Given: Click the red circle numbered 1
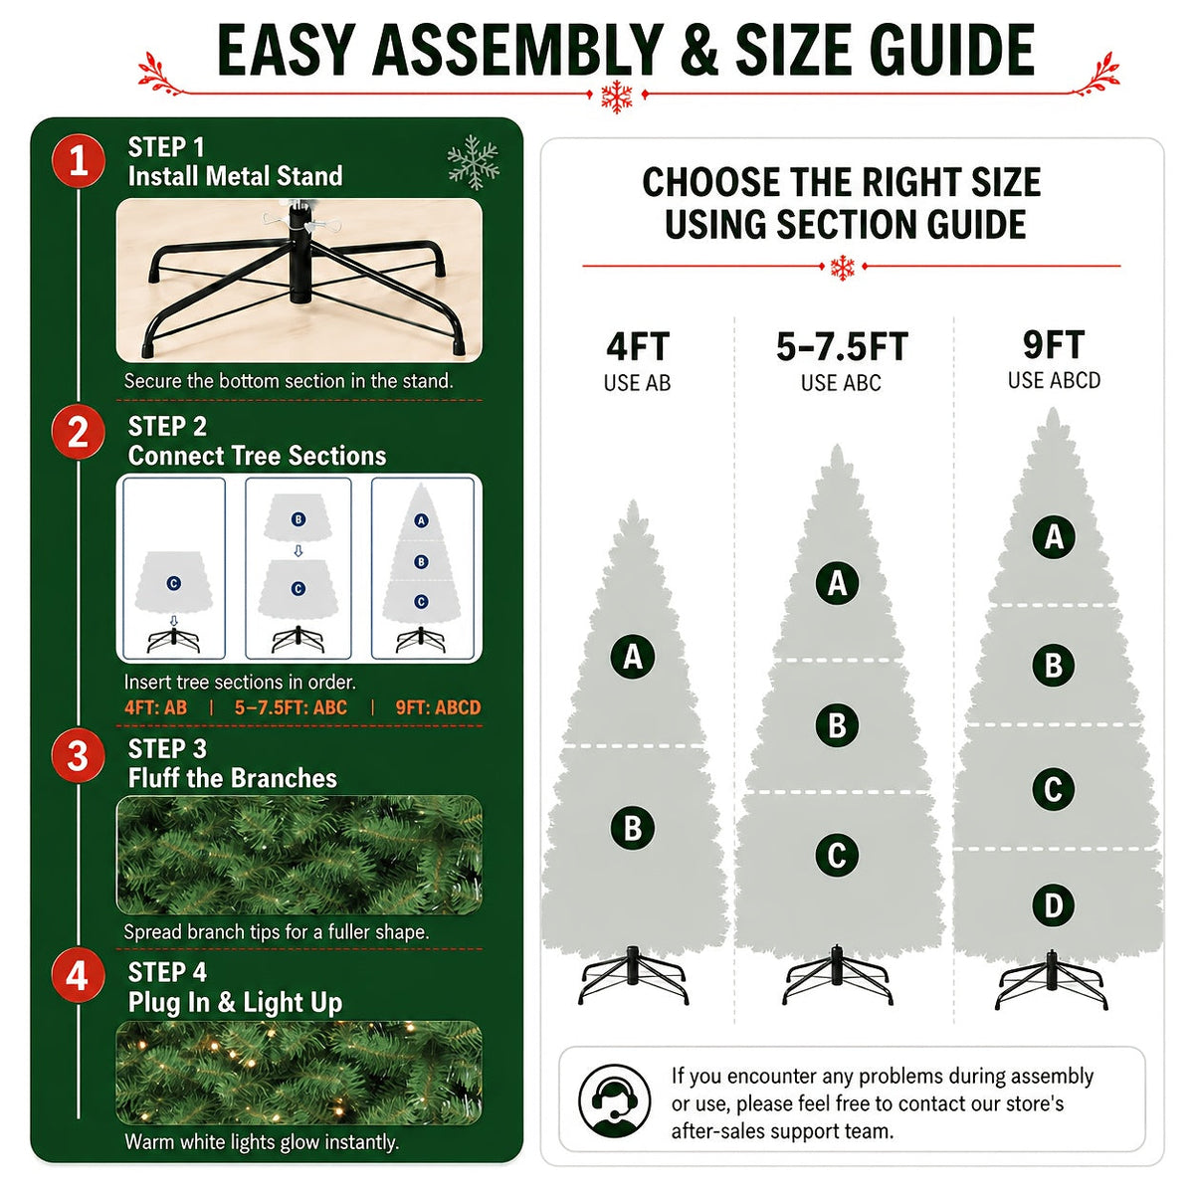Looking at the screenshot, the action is click(x=78, y=160).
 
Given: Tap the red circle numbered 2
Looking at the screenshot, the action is click(x=78, y=432).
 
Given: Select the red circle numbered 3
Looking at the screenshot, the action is click(x=78, y=755).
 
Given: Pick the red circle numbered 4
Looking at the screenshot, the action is click(x=78, y=976).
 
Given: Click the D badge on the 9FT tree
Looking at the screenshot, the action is click(x=1053, y=905).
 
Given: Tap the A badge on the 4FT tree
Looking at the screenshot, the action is click(x=632, y=656).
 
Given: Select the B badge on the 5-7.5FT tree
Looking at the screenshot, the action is click(x=837, y=725).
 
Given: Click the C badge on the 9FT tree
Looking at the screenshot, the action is click(x=1053, y=789).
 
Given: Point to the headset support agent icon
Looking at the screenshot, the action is click(x=614, y=1101).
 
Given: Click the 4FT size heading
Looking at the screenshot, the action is click(x=638, y=346).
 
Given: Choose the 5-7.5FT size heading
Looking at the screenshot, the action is click(x=842, y=346).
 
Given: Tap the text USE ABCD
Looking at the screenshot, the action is click(x=1054, y=380).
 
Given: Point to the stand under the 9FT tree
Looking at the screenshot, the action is click(x=1051, y=988).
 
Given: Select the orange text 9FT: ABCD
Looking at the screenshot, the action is click(x=438, y=707).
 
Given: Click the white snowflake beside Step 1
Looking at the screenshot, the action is click(x=474, y=162).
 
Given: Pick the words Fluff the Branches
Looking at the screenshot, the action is click(x=233, y=778).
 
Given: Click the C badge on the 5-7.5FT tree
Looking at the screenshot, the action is click(x=837, y=855).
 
